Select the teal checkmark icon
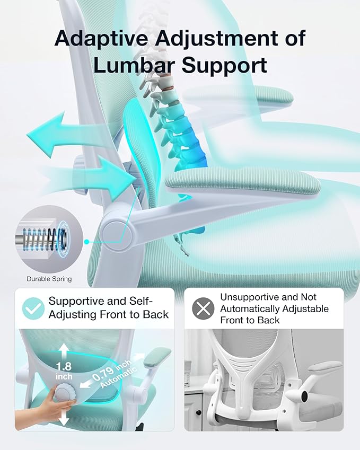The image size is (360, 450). click(x=33, y=308)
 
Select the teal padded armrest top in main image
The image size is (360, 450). click(x=243, y=182)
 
